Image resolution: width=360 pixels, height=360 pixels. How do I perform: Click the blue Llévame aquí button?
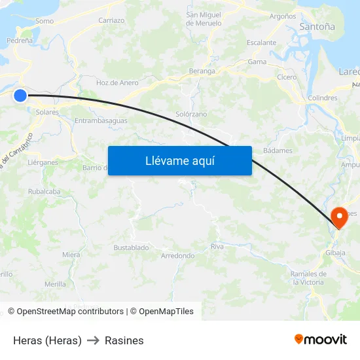coord(179,160)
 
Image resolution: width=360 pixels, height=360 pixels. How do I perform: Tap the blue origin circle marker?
coord(20,96)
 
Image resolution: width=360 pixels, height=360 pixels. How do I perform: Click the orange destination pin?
coord(339,217)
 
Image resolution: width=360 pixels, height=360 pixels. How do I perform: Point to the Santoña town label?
coord(317,27)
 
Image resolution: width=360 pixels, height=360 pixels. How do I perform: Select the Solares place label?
coord(47,113)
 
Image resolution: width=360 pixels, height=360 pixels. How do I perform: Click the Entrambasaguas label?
coord(101,121)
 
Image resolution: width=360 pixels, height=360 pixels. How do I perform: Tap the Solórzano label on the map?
coord(191,114)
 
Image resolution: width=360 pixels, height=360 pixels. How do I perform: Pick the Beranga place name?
coord(202,71)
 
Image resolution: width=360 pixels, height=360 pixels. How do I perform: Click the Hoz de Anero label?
coord(117,82)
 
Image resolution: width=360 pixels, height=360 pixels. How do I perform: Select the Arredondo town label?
coord(177,255)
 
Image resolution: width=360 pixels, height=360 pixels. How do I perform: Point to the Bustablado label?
coord(131,247)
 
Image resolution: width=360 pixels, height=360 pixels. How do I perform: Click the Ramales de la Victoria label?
coord(308,278)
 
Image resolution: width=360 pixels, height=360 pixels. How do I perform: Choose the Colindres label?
coord(322,98)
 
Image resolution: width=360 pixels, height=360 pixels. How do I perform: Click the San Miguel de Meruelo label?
coord(204,18)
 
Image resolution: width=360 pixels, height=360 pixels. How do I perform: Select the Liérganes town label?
coord(43,162)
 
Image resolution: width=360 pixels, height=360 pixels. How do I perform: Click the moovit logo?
coord(320,339)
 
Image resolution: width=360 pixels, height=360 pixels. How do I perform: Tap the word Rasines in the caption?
coord(124,340)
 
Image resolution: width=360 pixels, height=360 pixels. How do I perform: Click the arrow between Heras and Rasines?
coord(93,340)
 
